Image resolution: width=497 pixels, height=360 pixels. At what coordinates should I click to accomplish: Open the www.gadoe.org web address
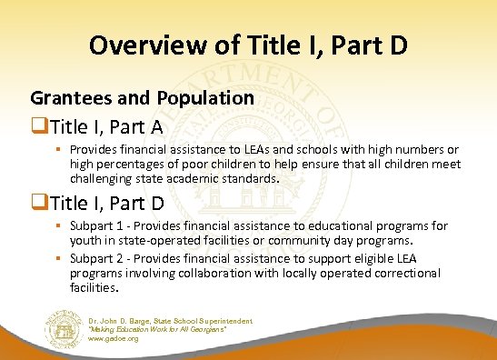[114, 338]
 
